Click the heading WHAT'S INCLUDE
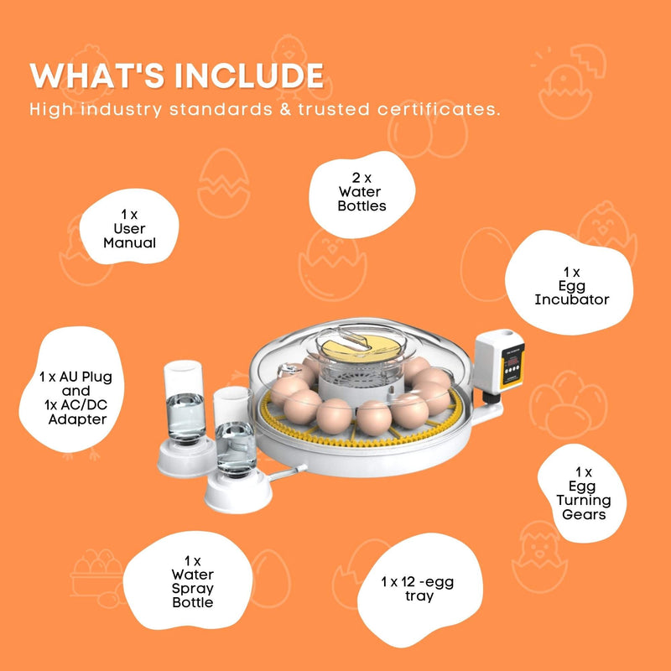pos(177,75)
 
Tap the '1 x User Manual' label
pos(129,229)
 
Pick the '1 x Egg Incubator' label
pos(571,286)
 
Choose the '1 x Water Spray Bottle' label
pos(192,581)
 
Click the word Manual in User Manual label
pos(129,242)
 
